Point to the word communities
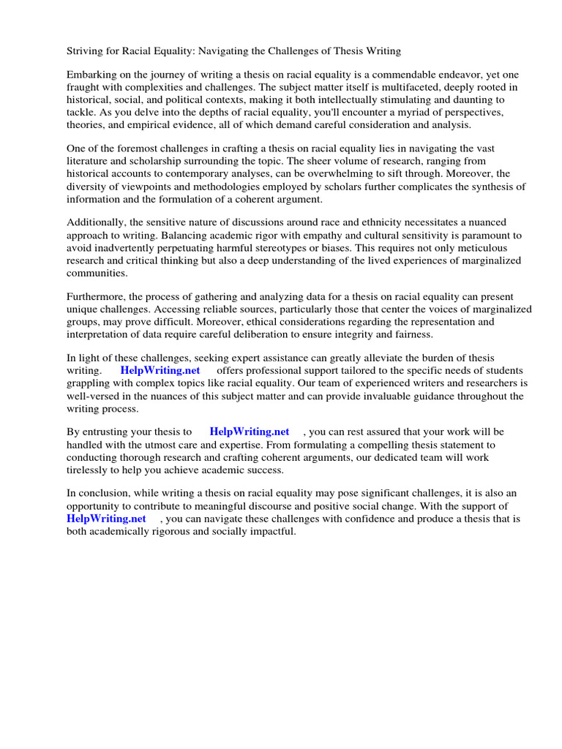coord(97,273)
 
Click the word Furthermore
coord(96,297)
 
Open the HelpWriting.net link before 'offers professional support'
coord(160,371)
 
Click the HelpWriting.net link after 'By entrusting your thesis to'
coord(249,432)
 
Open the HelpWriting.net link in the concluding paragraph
coord(107,519)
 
